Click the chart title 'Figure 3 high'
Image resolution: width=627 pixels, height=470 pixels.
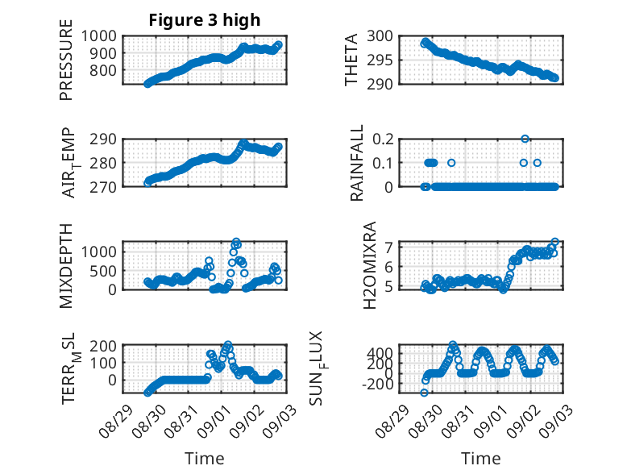[x=205, y=20]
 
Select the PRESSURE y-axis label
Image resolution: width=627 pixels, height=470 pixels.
[x=66, y=60]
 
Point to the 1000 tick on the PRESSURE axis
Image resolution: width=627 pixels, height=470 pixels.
[x=99, y=36]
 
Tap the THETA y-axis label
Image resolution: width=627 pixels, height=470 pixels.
[x=351, y=60]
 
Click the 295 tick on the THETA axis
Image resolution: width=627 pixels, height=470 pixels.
[x=380, y=60]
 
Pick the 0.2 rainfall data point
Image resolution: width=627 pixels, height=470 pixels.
[x=525, y=139]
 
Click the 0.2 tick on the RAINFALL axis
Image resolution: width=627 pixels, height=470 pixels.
[x=383, y=139]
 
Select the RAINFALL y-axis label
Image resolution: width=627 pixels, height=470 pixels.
[x=356, y=163]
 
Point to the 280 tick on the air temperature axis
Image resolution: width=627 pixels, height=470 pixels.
[x=103, y=163]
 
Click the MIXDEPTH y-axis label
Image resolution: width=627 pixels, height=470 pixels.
[x=66, y=266]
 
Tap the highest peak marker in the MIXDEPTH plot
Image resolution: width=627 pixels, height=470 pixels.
[x=236, y=242]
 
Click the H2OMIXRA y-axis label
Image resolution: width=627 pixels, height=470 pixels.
[x=369, y=265]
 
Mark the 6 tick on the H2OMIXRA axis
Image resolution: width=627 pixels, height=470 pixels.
[x=388, y=266]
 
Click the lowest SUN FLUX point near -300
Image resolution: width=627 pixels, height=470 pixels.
[x=424, y=393]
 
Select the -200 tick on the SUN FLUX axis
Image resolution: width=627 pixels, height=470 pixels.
[x=377, y=384]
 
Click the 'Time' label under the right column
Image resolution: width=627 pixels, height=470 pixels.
[x=481, y=459]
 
